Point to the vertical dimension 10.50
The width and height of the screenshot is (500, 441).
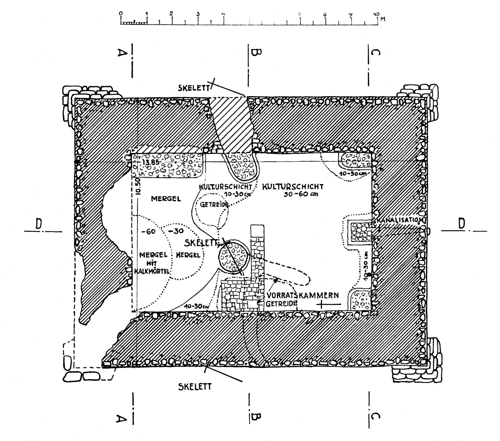coord(138,186)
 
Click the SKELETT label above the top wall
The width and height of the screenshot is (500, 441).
coord(194,88)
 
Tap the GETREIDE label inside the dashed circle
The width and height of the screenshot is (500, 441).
coord(214,205)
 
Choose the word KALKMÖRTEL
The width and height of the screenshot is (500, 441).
coord(152,271)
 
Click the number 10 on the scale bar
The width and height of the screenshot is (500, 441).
coord(377,14)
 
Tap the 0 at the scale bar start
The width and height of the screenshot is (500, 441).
coord(121,13)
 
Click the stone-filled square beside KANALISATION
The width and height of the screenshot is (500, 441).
coord(361,232)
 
